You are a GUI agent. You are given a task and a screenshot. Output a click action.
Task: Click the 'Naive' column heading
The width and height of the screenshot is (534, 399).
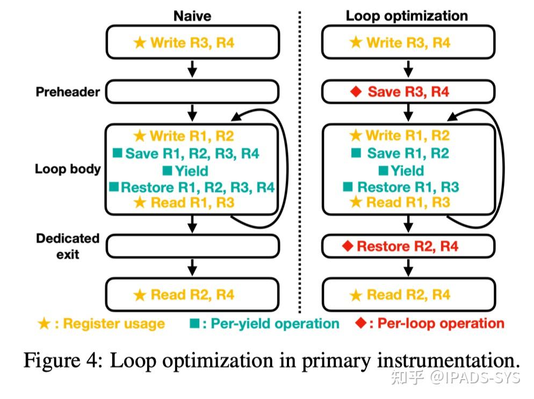[x=193, y=16]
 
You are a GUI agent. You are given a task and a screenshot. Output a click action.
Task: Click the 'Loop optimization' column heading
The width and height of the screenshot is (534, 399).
[x=407, y=16]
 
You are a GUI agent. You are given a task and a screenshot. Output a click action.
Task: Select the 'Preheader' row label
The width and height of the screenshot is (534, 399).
[x=68, y=92]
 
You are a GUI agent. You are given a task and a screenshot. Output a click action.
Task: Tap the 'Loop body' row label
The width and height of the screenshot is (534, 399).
[x=68, y=169]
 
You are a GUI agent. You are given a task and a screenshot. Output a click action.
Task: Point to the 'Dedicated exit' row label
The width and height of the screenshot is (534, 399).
[x=68, y=246]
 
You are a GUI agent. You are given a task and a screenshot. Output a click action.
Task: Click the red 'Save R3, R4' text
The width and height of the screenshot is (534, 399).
[x=408, y=92]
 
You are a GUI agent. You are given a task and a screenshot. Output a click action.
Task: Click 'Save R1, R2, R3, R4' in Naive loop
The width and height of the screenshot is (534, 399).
[x=192, y=153]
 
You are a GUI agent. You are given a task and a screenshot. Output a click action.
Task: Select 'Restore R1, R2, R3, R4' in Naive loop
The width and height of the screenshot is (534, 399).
[x=197, y=187]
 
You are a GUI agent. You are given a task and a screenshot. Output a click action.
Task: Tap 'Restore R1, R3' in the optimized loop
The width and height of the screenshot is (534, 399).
[x=408, y=187]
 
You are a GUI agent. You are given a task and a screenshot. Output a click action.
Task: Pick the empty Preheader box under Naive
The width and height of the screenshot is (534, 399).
[x=192, y=91]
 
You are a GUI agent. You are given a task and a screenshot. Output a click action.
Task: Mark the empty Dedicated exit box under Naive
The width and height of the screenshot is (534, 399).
[x=192, y=246]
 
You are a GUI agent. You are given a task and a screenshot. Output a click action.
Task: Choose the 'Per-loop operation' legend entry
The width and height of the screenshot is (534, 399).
[x=441, y=323]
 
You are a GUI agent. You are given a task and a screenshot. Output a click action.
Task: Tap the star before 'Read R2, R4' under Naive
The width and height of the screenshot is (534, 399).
[x=140, y=295]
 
